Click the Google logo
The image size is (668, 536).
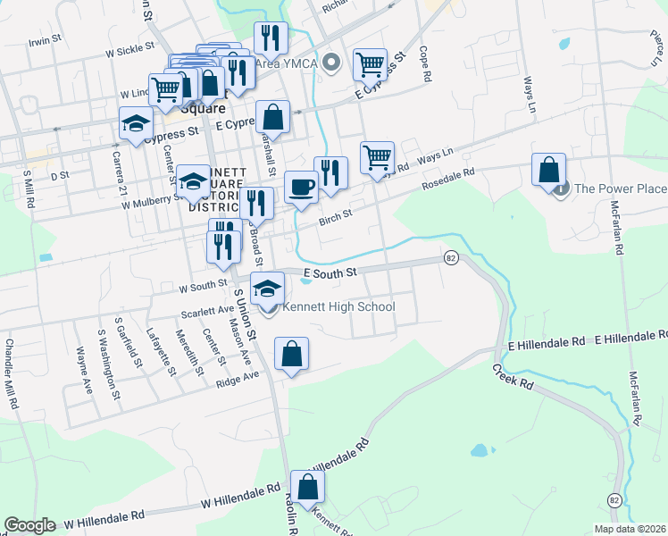tap(29, 525)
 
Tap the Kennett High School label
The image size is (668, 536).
tap(338, 307)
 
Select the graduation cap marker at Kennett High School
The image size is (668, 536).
tap(267, 289)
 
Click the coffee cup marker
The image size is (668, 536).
tap(301, 188)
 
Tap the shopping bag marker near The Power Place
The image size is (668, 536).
tap(548, 169)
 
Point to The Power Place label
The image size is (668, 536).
tap(620, 188)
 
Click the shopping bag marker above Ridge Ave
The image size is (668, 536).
tap(291, 354)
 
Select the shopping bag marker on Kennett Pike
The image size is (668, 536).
tap(307, 487)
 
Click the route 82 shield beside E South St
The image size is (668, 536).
tap(450, 257)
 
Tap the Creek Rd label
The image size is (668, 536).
tap(513, 375)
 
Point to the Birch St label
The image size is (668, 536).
tap(336, 214)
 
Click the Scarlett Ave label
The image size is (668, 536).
tap(206, 310)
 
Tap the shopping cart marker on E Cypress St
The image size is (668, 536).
tap(369, 64)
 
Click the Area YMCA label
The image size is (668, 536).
tap(288, 63)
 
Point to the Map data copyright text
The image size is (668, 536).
tap(629, 529)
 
